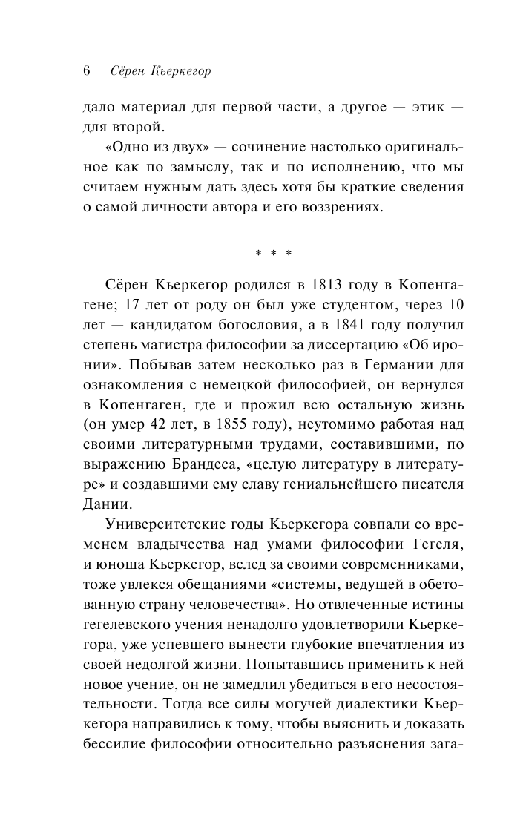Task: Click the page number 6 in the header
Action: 86,72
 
